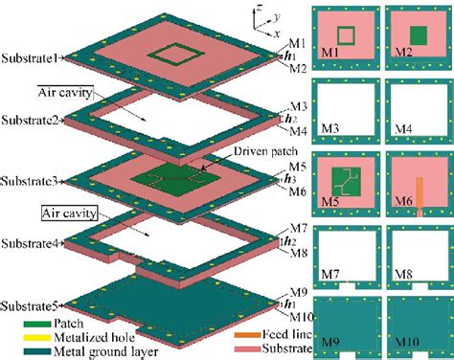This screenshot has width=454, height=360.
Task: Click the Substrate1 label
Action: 30,57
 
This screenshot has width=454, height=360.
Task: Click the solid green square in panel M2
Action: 418,36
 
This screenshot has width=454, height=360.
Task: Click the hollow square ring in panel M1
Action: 347,36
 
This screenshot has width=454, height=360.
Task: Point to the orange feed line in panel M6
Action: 419,196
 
